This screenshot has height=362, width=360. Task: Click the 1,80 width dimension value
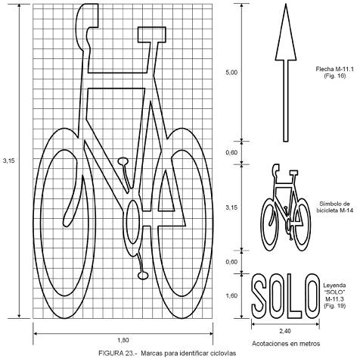123,340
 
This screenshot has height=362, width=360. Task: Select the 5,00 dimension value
231,73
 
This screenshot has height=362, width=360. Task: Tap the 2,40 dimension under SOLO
285,331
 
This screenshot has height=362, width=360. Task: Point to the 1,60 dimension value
231,295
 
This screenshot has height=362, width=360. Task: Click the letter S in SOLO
259,296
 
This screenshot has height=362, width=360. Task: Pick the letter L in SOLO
294,296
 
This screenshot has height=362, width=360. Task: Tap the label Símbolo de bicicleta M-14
334,207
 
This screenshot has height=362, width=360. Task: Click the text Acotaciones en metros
286,344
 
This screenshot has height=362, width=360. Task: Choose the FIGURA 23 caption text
167,353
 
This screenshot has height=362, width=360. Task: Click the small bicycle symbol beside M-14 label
286,208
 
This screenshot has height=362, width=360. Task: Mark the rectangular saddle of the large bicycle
151,34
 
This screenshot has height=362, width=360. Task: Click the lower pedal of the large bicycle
143,276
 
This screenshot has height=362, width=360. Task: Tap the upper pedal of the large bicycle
123,161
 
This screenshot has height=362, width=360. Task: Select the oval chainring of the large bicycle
132,222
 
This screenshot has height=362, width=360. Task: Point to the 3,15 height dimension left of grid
9,161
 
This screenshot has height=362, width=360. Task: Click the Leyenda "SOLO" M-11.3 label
334,295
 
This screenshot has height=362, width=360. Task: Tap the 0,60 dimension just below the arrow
231,152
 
